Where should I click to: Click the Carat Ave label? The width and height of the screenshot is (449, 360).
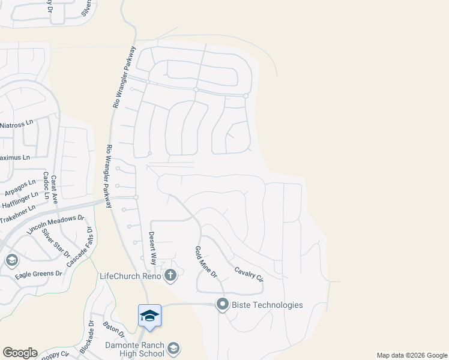pyautogui.click(x=54, y=190)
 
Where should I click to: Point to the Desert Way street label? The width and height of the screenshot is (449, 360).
pyautogui.click(x=152, y=248)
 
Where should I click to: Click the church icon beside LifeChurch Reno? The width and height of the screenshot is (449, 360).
pyautogui.click(x=170, y=276)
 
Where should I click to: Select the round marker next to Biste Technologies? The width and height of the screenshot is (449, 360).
pyautogui.click(x=223, y=305)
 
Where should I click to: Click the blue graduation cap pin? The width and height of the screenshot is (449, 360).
pyautogui.click(x=149, y=316)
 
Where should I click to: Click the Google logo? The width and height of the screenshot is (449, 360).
pyautogui.click(x=20, y=353)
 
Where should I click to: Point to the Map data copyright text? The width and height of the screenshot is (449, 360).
pyautogui.click(x=411, y=355)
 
